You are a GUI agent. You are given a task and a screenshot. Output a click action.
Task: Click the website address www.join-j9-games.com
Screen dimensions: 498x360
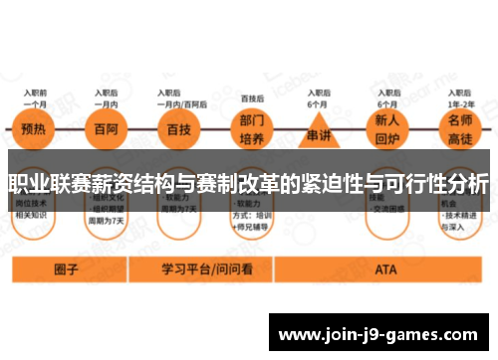click(382, 336)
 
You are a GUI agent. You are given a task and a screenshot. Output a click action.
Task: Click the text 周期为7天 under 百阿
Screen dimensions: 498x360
click(108, 220)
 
